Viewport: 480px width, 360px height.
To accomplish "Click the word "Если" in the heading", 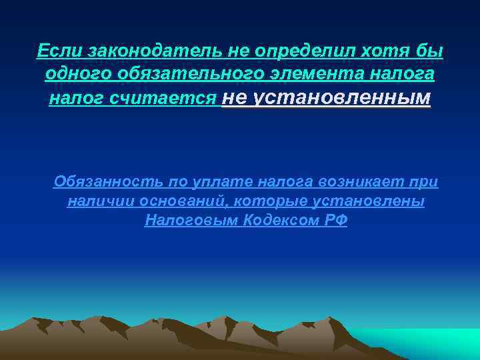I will click(56, 51).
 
